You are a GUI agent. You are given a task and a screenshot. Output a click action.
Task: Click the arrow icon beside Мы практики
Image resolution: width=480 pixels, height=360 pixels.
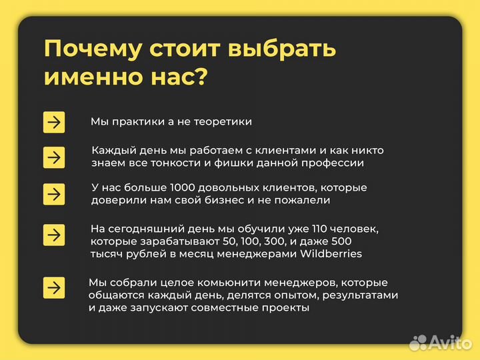coord(54,122)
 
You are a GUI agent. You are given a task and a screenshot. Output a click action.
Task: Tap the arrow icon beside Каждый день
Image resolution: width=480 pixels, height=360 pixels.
coord(54,157)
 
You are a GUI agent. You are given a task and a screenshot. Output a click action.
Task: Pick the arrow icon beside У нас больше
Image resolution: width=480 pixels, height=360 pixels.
coord(54,194)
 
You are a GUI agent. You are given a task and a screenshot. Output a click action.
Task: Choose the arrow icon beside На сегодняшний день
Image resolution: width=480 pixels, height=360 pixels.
coord(54,235)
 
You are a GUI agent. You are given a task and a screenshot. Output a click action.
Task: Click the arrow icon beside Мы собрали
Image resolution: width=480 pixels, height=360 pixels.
coord(54,287)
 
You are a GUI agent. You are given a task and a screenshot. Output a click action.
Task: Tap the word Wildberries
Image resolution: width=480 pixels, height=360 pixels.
coord(331,254)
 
